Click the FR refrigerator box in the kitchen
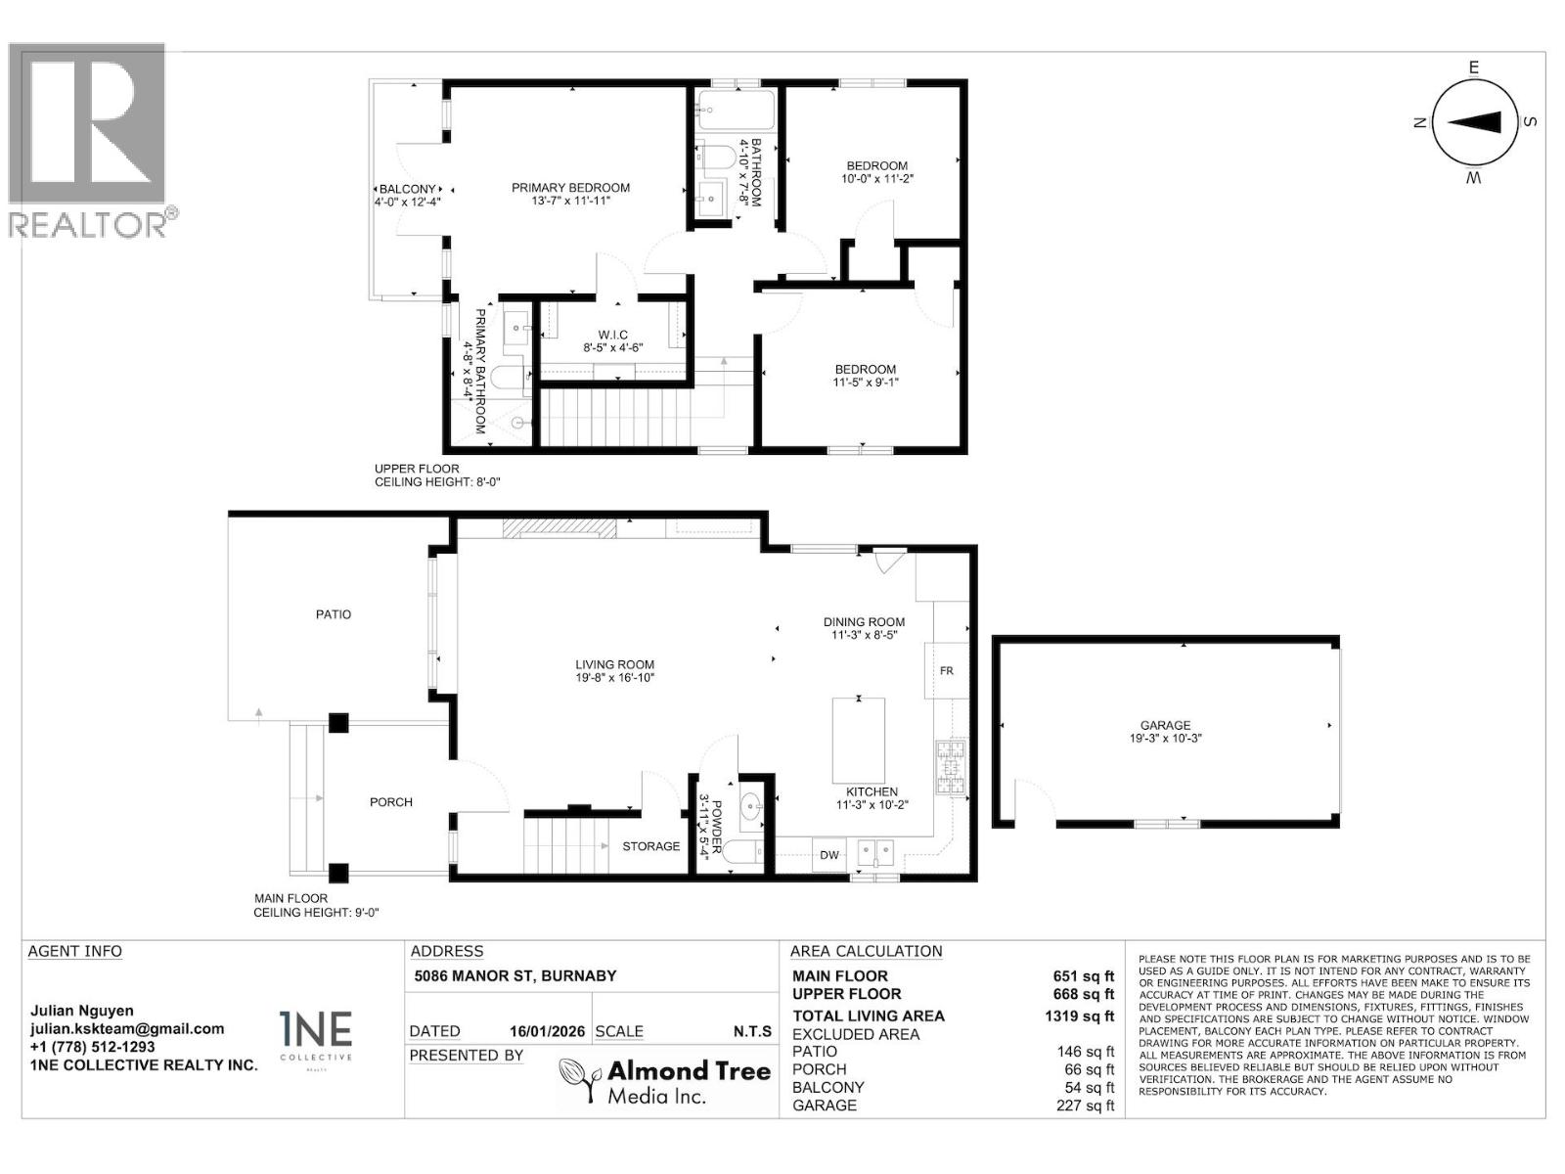click(947, 670)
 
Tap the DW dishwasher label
click(829, 855)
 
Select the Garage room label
click(1165, 725)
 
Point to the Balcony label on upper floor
click(407, 189)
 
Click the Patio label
click(334, 614)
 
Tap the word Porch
click(390, 802)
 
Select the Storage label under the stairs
click(650, 846)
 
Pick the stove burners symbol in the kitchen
click(951, 767)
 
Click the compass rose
click(1474, 122)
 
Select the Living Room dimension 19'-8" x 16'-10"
click(614, 678)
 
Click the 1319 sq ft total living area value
click(1079, 1016)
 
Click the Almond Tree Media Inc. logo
click(664, 1081)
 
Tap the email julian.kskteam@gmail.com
click(127, 1028)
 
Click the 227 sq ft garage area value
click(1085, 1106)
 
